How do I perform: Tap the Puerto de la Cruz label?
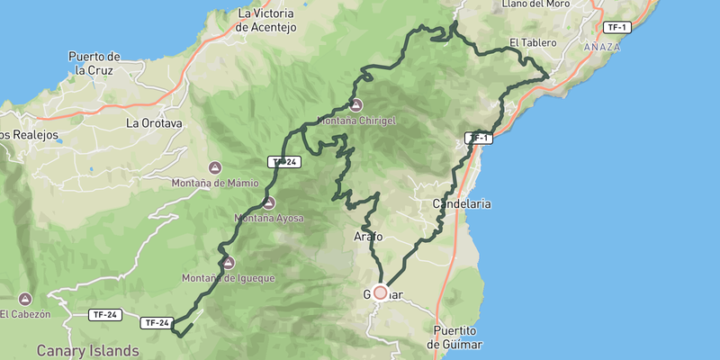tap(94, 63)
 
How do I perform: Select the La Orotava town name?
tap(154, 122)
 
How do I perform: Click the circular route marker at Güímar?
tap(380, 292)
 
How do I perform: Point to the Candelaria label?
tap(462, 204)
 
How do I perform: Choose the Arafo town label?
tap(367, 237)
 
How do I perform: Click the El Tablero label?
tap(527, 42)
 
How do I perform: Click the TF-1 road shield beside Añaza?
tap(617, 27)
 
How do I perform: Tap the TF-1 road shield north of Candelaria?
tap(479, 138)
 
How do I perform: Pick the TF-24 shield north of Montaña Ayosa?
tap(283, 162)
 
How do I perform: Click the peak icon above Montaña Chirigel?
tap(356, 103)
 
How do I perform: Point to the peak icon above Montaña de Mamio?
tap(214, 167)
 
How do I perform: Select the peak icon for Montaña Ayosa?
tap(268, 202)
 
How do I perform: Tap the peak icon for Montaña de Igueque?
tap(228, 263)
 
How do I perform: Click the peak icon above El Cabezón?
tap(24, 299)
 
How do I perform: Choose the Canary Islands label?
tap(87, 349)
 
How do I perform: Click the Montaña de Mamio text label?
tap(214, 184)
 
